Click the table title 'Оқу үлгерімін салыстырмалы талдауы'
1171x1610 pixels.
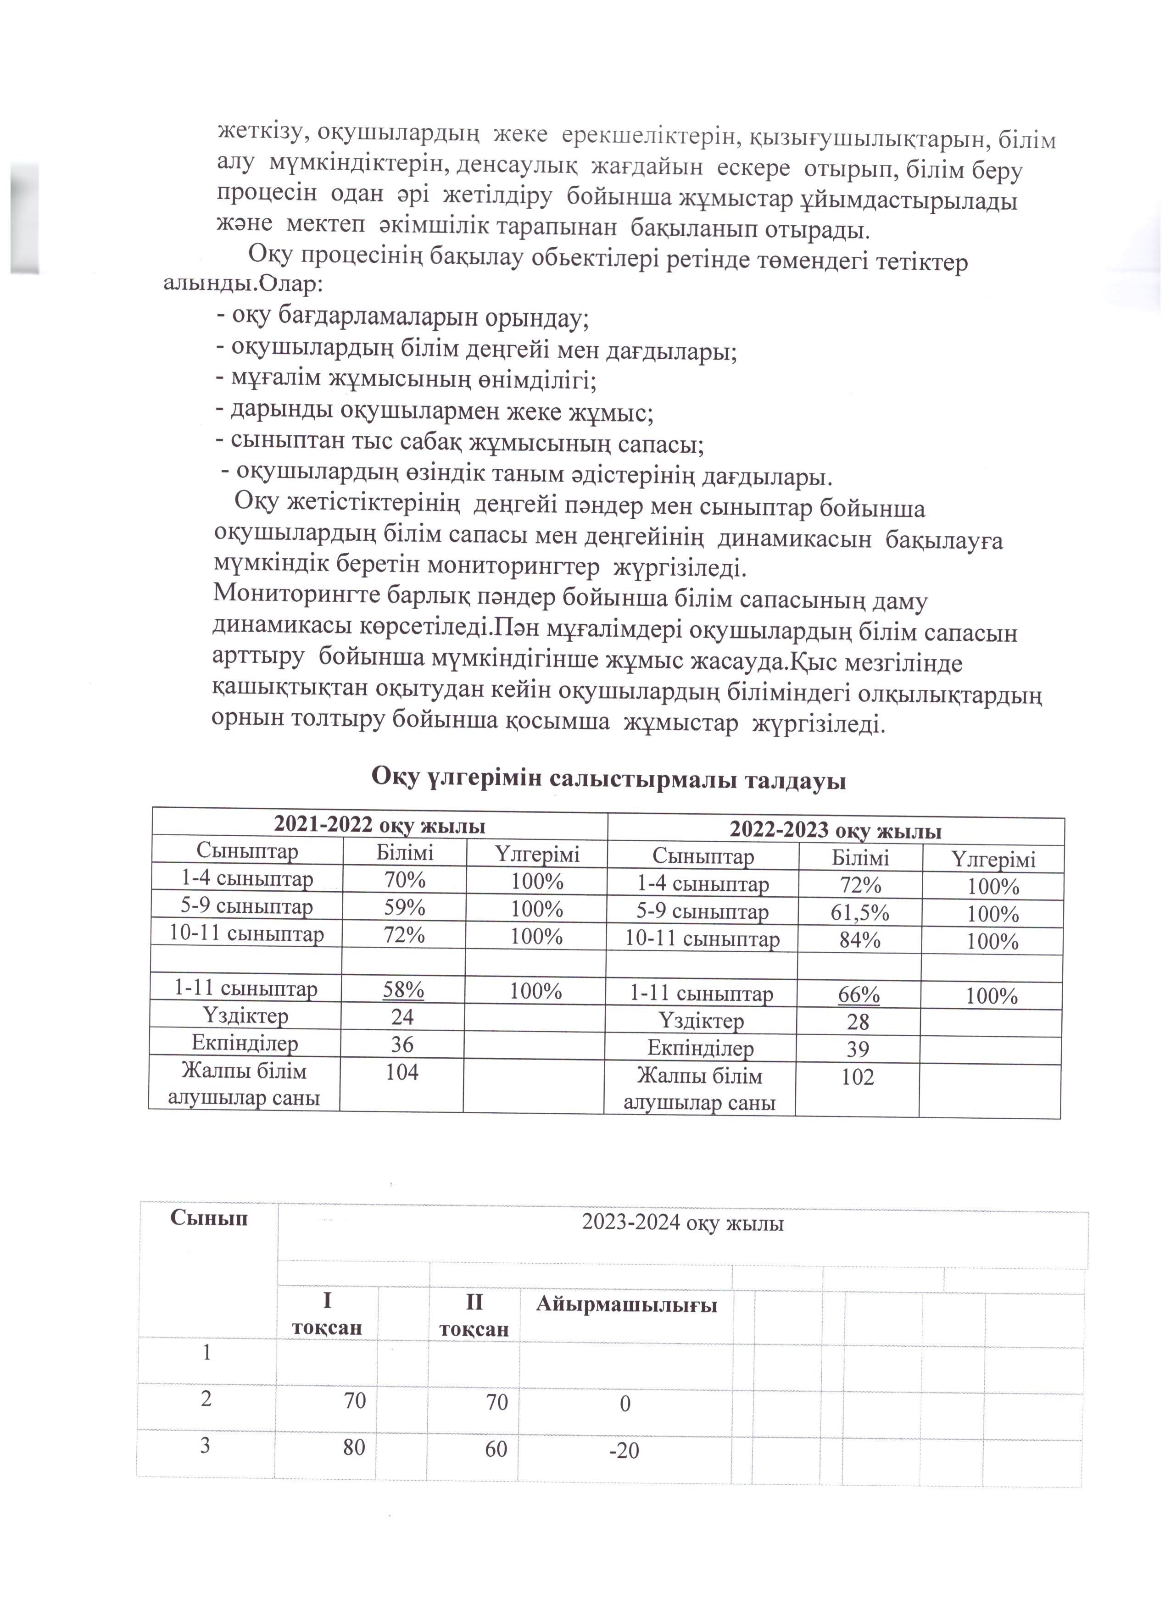[608, 779]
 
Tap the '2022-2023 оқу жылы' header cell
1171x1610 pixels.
[836, 831]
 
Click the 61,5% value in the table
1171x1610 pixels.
[860, 913]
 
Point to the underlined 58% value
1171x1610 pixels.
[403, 989]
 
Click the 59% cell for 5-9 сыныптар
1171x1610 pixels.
[404, 907]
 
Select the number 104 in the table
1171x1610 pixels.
[402, 1072]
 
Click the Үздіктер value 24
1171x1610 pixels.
[402, 1016]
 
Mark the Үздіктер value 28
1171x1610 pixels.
[858, 1022]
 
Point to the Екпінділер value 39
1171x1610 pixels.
[858, 1049]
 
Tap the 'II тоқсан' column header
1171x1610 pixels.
[474, 1315]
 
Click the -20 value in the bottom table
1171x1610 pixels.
[624, 1450]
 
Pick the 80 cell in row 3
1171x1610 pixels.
[354, 1447]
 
